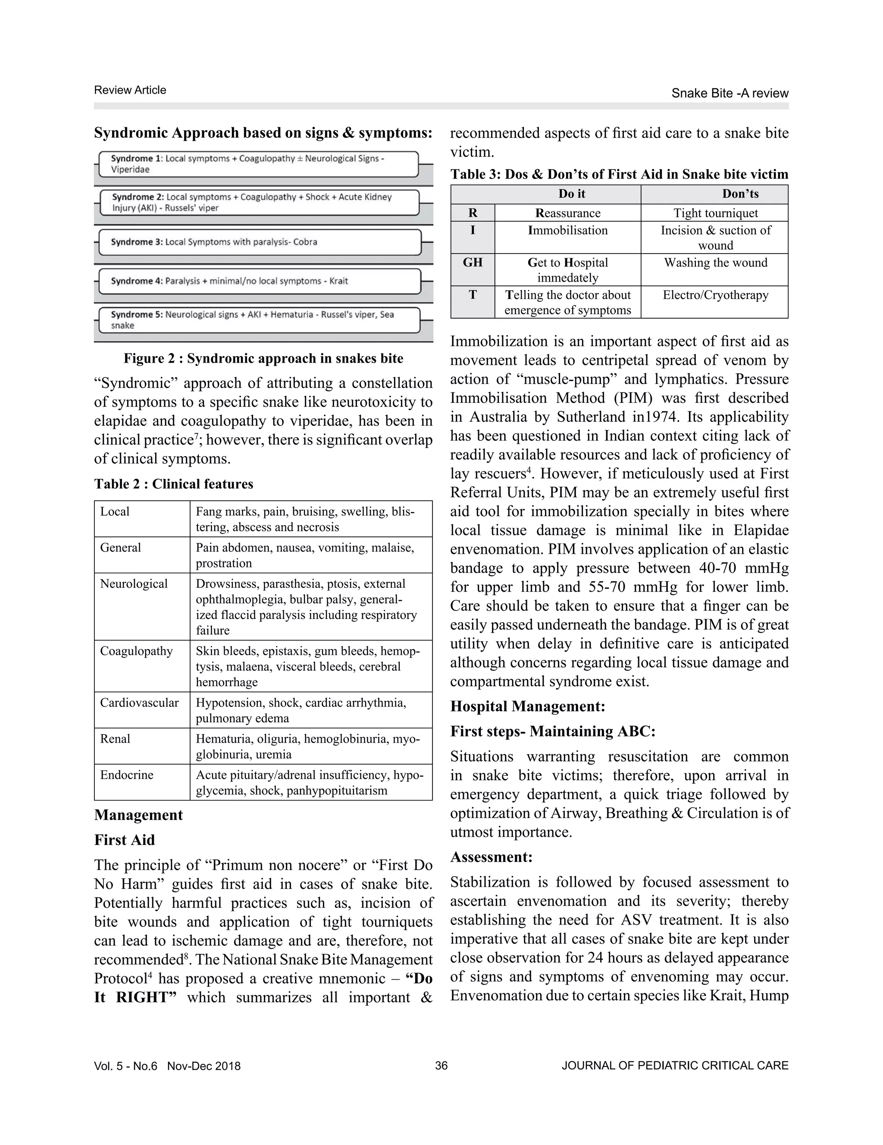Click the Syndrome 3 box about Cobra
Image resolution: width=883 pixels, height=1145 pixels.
260,242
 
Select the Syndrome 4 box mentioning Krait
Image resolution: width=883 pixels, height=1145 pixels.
260,281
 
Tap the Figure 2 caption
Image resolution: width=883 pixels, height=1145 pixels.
263,359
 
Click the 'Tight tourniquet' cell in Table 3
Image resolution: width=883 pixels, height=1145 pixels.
715,213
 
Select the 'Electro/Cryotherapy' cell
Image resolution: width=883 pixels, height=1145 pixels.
715,295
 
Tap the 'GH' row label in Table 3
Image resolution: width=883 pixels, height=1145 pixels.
472,263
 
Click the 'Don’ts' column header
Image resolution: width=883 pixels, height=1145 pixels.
740,194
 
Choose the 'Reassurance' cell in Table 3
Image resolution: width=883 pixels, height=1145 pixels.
567,213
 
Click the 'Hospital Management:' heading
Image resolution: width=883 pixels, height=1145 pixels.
528,706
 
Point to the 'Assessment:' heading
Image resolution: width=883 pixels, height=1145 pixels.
491,856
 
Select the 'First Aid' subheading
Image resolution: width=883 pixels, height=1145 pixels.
124,840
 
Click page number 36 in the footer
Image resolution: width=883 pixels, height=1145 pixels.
441,1066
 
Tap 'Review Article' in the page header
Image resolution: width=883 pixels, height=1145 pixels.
130,90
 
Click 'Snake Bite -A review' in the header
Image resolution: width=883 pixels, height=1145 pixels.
730,93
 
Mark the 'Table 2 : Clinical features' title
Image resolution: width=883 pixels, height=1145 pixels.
173,483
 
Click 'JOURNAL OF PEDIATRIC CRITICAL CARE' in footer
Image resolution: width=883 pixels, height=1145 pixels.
675,1066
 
